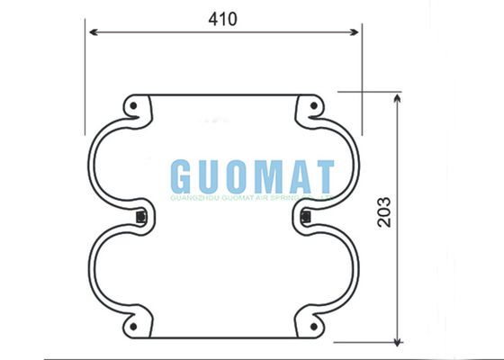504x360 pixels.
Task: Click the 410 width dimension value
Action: click(223, 19)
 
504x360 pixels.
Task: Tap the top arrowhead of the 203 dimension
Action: click(397, 96)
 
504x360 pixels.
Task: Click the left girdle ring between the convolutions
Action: click(139, 216)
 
